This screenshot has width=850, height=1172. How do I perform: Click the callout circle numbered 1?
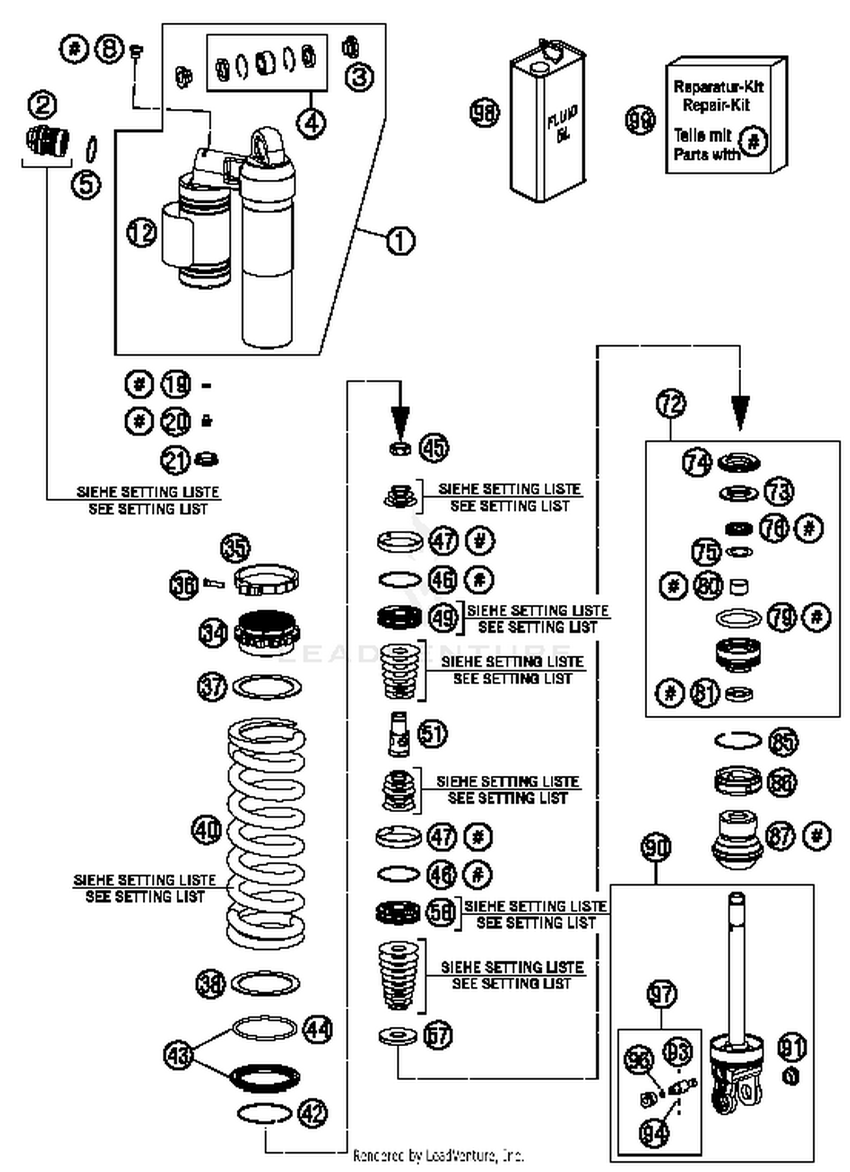[400, 241]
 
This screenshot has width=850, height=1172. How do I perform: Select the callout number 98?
[485, 112]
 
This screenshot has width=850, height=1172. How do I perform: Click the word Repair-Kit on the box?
[716, 105]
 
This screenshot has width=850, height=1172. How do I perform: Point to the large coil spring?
[266, 833]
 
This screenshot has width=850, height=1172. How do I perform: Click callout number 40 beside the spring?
[206, 831]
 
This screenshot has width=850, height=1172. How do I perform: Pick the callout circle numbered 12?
[141, 232]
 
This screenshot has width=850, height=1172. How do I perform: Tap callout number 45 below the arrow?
[434, 448]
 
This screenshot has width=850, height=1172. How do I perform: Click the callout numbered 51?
[432, 733]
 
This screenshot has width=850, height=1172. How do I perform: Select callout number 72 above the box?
[671, 404]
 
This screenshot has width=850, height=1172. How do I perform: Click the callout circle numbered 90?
[656, 848]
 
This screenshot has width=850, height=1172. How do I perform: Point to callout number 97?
[661, 994]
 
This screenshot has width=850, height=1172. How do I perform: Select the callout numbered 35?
[235, 547]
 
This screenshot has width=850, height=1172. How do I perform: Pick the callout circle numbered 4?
[312, 122]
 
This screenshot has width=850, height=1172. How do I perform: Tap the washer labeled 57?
[398, 1037]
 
